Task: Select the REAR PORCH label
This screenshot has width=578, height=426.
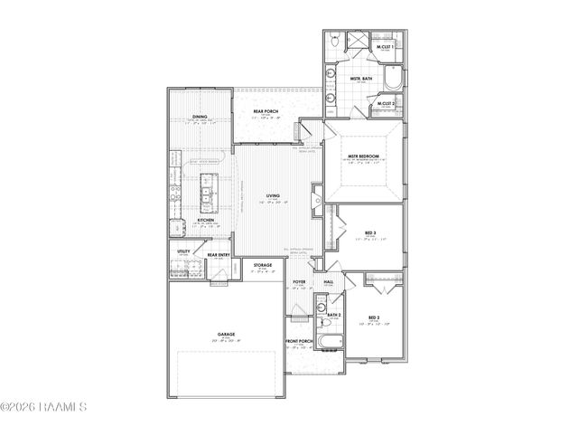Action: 265,111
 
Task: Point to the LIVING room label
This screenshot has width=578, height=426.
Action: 272,195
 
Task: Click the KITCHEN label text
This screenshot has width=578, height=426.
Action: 206,220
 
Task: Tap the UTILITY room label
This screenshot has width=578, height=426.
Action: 182,251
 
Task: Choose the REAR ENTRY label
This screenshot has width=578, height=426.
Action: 219,255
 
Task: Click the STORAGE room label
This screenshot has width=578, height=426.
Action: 263,266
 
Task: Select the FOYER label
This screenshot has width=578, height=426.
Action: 299,283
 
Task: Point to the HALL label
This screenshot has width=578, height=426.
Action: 329,283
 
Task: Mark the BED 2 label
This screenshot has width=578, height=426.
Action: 372,317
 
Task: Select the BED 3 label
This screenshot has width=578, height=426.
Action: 370,233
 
